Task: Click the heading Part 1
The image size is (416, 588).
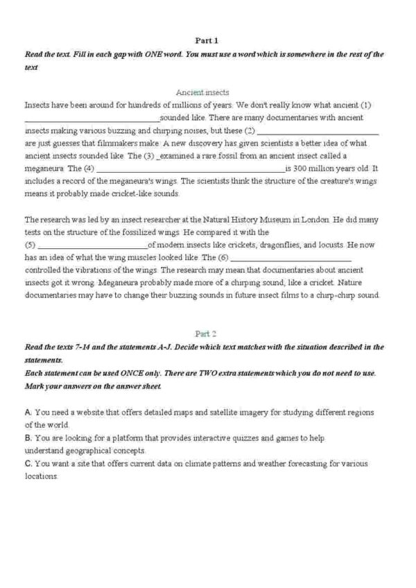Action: pyautogui.click(x=207, y=41)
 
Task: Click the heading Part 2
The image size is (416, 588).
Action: pyautogui.click(x=207, y=333)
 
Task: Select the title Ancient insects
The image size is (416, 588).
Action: pyautogui.click(x=202, y=92)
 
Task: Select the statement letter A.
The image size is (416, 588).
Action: pyautogui.click(x=27, y=412)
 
